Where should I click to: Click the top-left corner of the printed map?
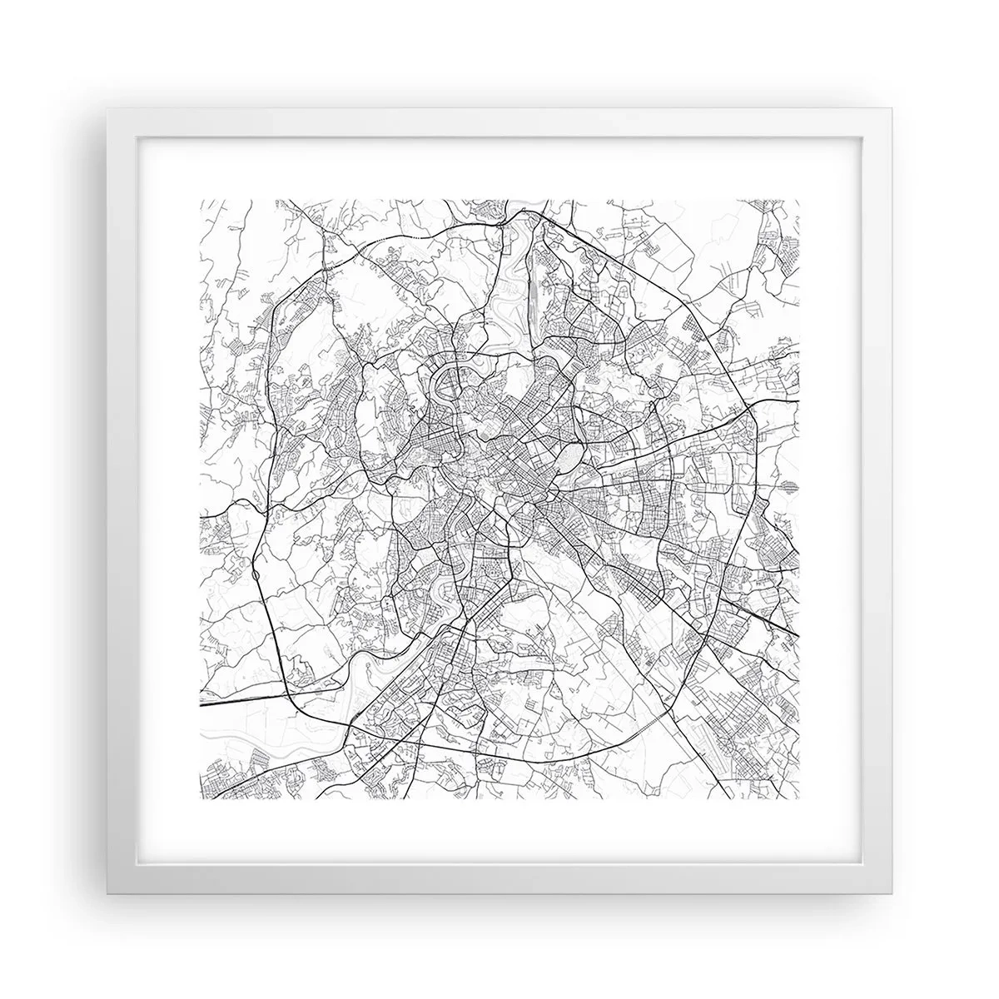point(201,200)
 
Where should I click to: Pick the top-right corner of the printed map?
point(799,200)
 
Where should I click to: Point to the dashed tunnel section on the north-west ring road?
point(391,238)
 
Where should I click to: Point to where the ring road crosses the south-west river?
point(350,723)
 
